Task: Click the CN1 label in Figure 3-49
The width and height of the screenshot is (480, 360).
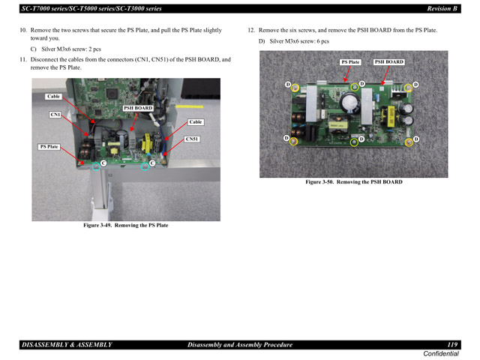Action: pos(55,115)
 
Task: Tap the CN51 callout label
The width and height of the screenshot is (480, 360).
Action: pos(193,139)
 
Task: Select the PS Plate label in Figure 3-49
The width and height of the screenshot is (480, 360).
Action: pos(49,147)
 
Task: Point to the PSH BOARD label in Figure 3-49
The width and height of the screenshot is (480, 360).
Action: pos(138,108)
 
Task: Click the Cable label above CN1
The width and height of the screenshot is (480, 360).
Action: pos(53,97)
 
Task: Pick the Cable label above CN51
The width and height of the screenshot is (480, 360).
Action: pos(196,121)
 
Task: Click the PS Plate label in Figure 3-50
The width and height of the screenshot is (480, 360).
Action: pos(350,62)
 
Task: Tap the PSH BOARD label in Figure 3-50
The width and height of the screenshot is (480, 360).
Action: pos(388,62)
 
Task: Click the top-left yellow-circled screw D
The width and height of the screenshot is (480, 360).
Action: pos(295,88)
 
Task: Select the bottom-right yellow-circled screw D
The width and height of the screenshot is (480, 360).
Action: pos(409,142)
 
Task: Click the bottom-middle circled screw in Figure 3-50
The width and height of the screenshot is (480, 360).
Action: pos(354,142)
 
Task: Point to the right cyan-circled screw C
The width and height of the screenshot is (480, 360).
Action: pos(145,166)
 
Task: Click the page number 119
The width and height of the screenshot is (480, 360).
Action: pos(452,344)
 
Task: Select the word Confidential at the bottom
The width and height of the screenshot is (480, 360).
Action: pos(441,353)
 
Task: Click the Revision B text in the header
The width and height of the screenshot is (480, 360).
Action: pos(442,7)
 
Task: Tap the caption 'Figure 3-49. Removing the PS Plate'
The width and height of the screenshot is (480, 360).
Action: pos(125,225)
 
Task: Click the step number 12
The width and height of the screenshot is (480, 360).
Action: pos(251,31)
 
